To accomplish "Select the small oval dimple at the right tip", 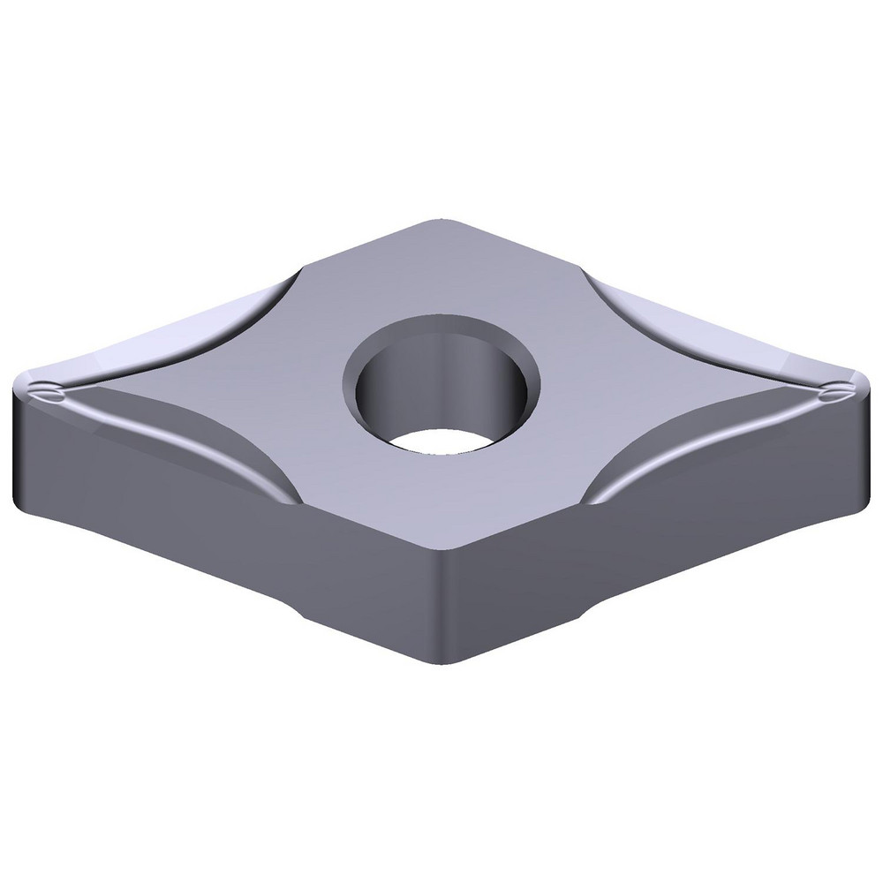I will point(830,393).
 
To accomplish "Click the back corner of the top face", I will point(441,223).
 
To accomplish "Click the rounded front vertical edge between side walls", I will point(441,609).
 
